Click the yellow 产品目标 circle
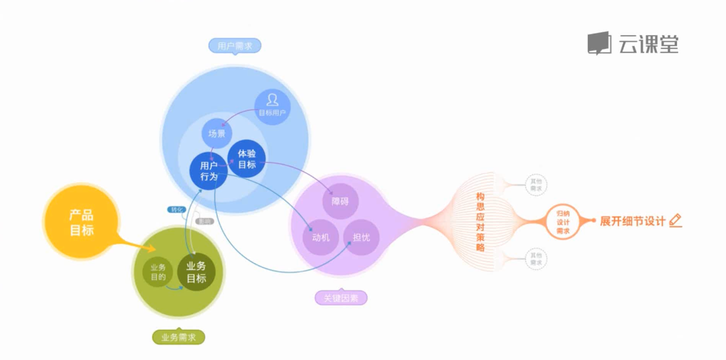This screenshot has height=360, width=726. click(x=81, y=222)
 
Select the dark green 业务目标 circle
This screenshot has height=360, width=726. click(x=196, y=272)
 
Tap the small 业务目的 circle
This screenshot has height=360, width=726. click(x=158, y=272)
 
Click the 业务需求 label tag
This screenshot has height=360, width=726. click(x=179, y=337)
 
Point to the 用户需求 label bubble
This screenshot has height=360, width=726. click(x=234, y=46)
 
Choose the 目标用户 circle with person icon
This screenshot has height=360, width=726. click(x=272, y=106)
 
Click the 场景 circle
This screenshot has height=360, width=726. click(x=217, y=133)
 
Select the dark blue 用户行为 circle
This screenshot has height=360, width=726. click(x=209, y=171)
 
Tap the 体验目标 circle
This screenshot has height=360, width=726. click(x=247, y=159)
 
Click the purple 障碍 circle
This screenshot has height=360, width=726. click(x=340, y=201)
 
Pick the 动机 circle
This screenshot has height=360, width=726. click(x=321, y=237)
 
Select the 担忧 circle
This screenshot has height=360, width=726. click(x=361, y=237)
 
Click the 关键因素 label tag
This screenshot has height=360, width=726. click(x=341, y=298)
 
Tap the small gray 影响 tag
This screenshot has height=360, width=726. click(x=205, y=221)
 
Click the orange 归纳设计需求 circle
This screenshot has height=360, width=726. click(x=562, y=221)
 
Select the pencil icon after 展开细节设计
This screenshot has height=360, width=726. click(x=675, y=220)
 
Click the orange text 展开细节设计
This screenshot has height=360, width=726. click(x=632, y=221)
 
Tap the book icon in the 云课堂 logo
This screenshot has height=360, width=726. click(x=599, y=43)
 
